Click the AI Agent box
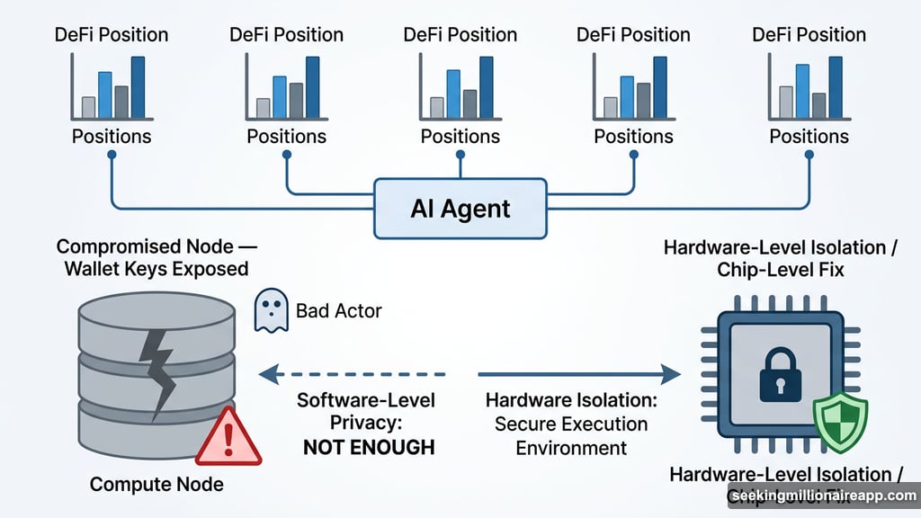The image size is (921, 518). (x=460, y=209)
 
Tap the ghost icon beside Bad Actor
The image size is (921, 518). (x=271, y=310)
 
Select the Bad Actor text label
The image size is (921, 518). (x=339, y=311)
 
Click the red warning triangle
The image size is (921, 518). (x=228, y=437)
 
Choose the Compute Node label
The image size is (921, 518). (x=156, y=485)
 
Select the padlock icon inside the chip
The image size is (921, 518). (x=780, y=375)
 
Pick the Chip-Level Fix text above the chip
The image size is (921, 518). (x=780, y=270)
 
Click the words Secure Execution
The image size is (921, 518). (x=570, y=424)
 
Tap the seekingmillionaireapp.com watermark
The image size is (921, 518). (x=822, y=496)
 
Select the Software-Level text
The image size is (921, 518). (x=364, y=400)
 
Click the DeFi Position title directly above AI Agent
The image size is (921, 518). (x=460, y=35)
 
